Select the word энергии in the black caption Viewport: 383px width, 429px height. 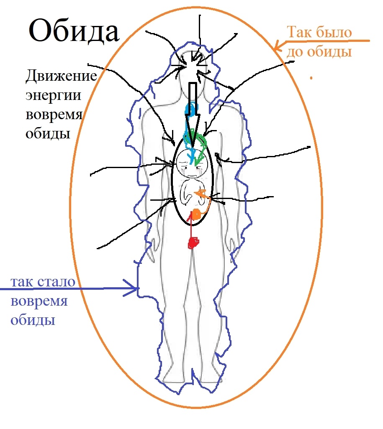point(53,96)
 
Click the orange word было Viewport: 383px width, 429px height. point(334,33)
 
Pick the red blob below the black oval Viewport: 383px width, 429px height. point(194,243)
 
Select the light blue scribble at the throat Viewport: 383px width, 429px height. point(190,111)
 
